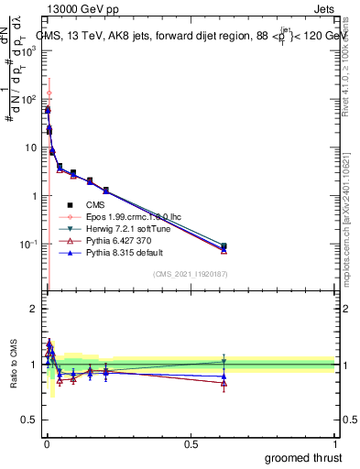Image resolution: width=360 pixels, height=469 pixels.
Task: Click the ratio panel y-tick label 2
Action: (x=35, y=309)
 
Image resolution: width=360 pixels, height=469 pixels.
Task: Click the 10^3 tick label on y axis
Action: (x=30, y=51)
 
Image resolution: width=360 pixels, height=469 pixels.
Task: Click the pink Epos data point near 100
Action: (x=49, y=93)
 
